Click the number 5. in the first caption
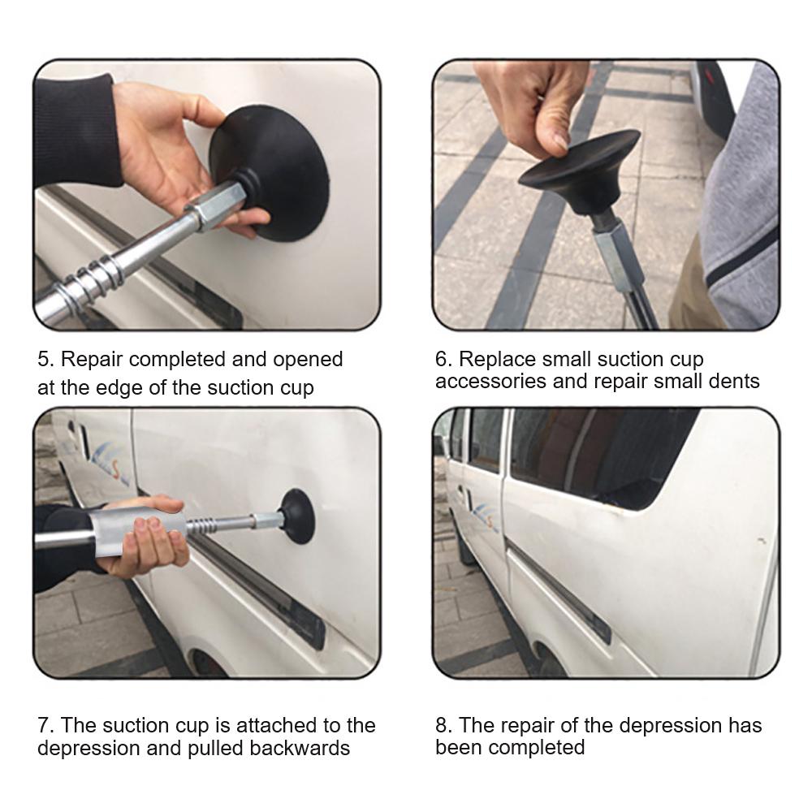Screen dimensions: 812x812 pos(45,360)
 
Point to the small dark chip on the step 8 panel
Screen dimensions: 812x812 pos(762,541)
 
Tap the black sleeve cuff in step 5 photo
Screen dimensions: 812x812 pos(78,132)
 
